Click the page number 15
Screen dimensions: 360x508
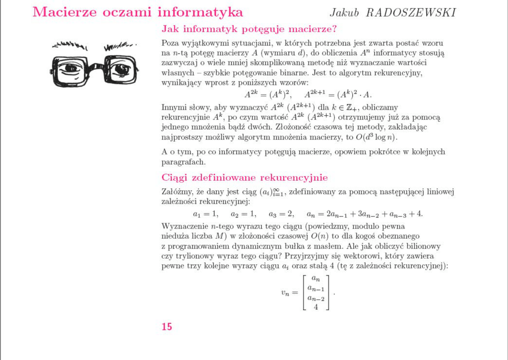(167, 327)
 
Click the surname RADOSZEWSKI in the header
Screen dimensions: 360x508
(411, 13)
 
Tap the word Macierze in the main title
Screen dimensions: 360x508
(65, 12)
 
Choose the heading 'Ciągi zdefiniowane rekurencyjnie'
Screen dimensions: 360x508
(245, 178)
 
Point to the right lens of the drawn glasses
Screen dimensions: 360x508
(121, 69)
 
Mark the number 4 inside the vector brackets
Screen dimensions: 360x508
(316, 307)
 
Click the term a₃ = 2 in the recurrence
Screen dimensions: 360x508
(281, 214)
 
